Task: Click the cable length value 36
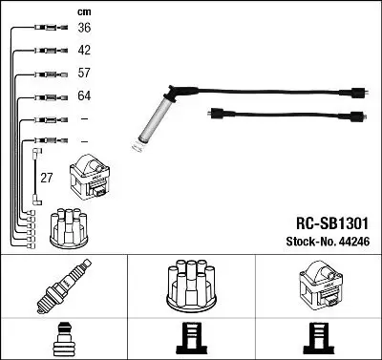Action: click(84, 28)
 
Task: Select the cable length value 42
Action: click(84, 51)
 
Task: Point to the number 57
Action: click(84, 73)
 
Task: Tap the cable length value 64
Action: click(84, 95)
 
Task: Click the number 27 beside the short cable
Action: click(46, 178)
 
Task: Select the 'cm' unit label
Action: click(84, 12)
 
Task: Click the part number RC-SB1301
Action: click(332, 223)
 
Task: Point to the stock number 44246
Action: click(354, 242)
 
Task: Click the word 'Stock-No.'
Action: click(310, 242)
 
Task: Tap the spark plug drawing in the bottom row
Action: click(64, 286)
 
